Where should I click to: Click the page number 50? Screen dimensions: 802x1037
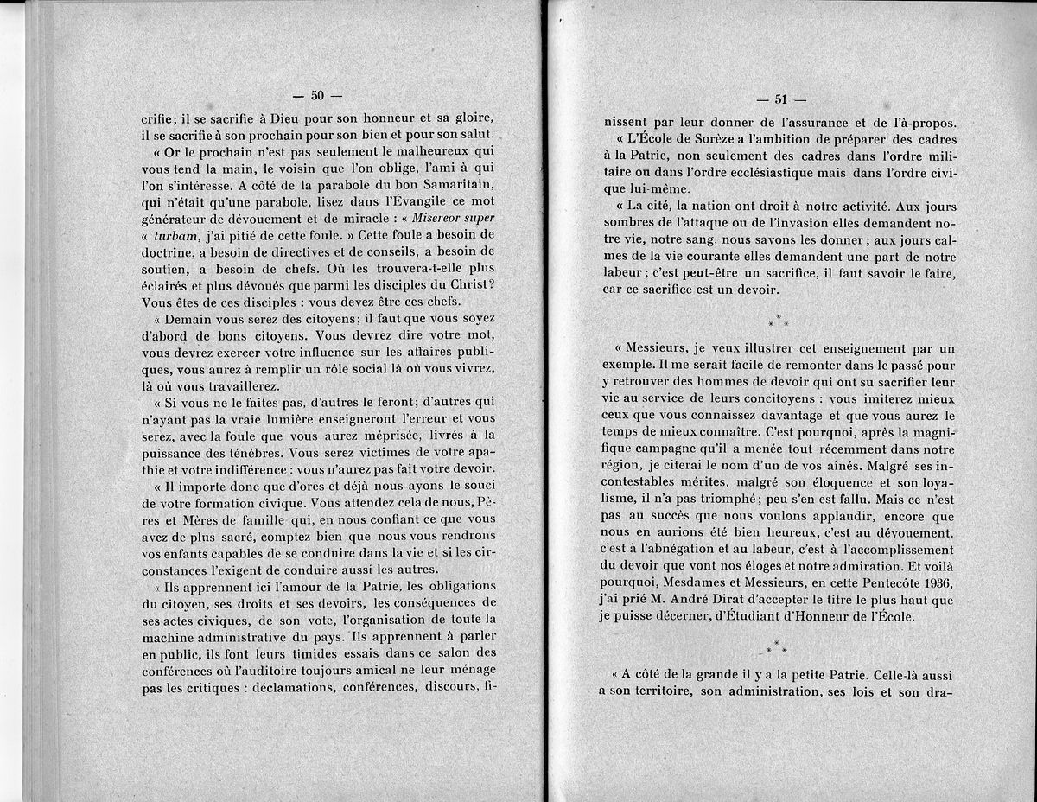pyautogui.click(x=316, y=95)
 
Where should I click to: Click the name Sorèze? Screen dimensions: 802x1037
pyautogui.click(x=703, y=140)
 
